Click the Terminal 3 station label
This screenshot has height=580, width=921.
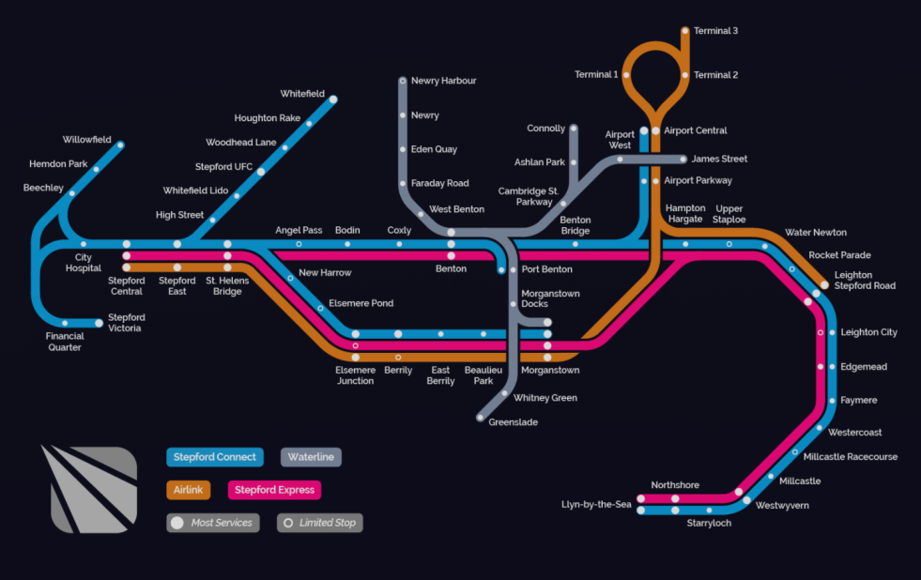[x=715, y=31]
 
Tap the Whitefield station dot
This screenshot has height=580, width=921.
[x=332, y=99]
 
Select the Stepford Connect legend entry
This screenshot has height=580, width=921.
[x=215, y=457]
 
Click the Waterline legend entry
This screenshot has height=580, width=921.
[x=311, y=457]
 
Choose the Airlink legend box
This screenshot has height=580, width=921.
[x=188, y=490]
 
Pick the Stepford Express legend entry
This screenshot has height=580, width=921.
[x=274, y=490]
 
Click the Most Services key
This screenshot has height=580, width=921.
[x=213, y=523]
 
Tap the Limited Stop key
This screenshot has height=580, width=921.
[x=319, y=523]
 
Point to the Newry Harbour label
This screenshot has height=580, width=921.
[x=443, y=81]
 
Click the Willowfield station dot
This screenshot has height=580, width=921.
[x=120, y=145]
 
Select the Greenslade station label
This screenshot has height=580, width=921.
[x=513, y=422]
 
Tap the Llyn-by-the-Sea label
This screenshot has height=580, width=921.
[x=596, y=505]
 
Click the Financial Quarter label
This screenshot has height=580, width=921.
[x=64, y=341]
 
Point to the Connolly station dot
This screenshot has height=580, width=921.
[x=574, y=129]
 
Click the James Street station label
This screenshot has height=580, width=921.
[x=719, y=160]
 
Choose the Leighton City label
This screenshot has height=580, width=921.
[x=868, y=332]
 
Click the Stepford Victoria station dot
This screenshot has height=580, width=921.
[x=98, y=323]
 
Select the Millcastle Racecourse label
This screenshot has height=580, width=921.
[x=851, y=457]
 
